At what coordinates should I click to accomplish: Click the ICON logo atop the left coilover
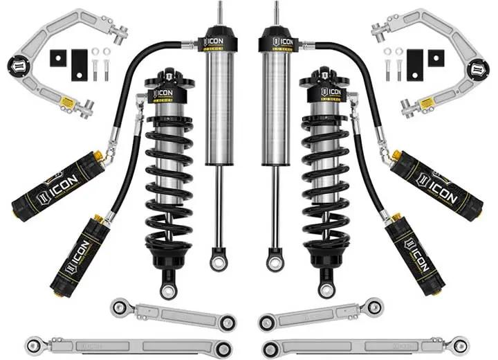coord(165,92)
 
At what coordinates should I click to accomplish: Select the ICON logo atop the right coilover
coord(333,92)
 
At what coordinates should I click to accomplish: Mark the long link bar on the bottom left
coord(124,344)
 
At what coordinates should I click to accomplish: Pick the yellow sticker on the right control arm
coord(430,101)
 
